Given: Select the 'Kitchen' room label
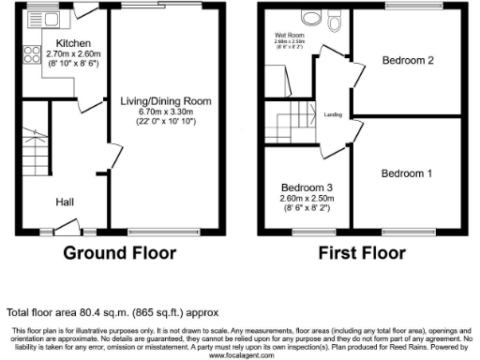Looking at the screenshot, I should pyautogui.click(x=73, y=44).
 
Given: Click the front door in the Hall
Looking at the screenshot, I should pyautogui.click(x=66, y=225).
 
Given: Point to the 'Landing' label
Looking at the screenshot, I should pyautogui.click(x=332, y=114).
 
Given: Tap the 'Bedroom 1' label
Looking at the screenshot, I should pyautogui.click(x=407, y=173).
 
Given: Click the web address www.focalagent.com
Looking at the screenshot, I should pyautogui.click(x=241, y=355).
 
